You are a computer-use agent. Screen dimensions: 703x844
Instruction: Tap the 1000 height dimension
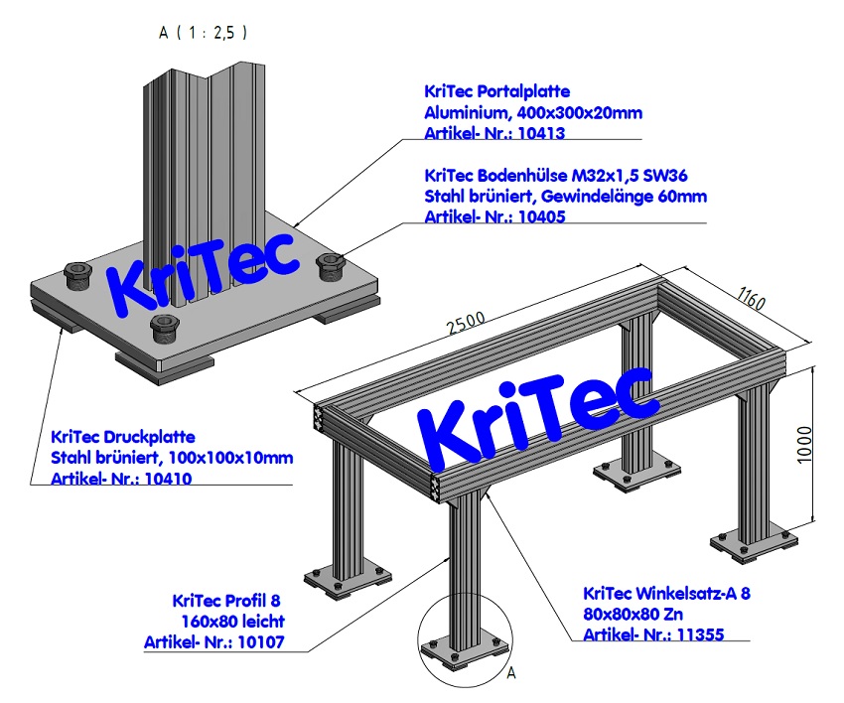click(804, 444)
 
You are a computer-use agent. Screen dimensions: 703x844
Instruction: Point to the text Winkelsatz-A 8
click(695, 593)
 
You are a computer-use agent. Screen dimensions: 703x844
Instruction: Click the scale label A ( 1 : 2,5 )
click(204, 32)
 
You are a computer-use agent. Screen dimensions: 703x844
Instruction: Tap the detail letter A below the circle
click(512, 673)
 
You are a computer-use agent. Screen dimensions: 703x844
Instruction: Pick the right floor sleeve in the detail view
click(331, 263)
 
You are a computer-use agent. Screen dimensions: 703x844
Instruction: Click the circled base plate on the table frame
click(463, 650)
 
